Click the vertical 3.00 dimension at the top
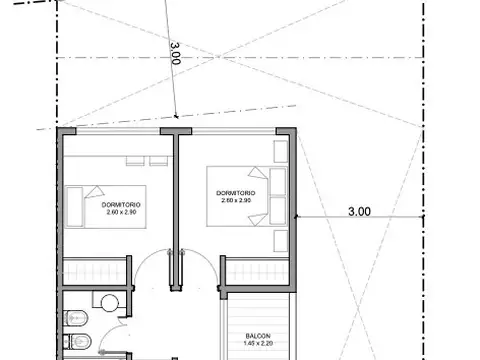pyautogui.click(x=177, y=51)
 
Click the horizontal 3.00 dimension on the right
pyautogui.click(x=359, y=211)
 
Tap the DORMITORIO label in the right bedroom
pyautogui.click(x=236, y=192)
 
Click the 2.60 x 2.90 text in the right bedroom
pyautogui.click(x=236, y=200)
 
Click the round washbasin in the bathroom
pyautogui.click(x=108, y=301)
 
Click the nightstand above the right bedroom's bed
pyautogui.click(x=279, y=151)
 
